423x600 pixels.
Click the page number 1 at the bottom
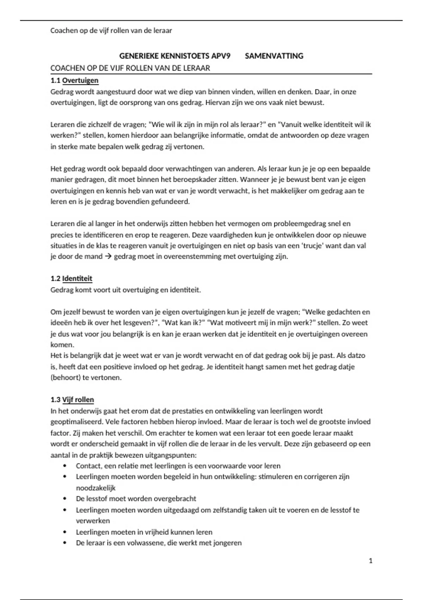(370, 561)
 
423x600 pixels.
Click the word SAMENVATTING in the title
(274, 56)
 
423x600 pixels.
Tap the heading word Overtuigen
(80, 80)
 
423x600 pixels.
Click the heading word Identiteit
(77, 278)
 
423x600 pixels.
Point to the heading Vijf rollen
(78, 400)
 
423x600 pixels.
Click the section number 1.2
(55, 278)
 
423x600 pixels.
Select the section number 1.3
(55, 400)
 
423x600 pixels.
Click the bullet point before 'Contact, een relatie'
(65, 466)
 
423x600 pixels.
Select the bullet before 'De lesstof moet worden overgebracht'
(65, 499)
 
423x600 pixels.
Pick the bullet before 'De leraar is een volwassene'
(65, 543)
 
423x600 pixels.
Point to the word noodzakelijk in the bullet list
(96, 488)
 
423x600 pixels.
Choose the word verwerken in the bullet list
(93, 521)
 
